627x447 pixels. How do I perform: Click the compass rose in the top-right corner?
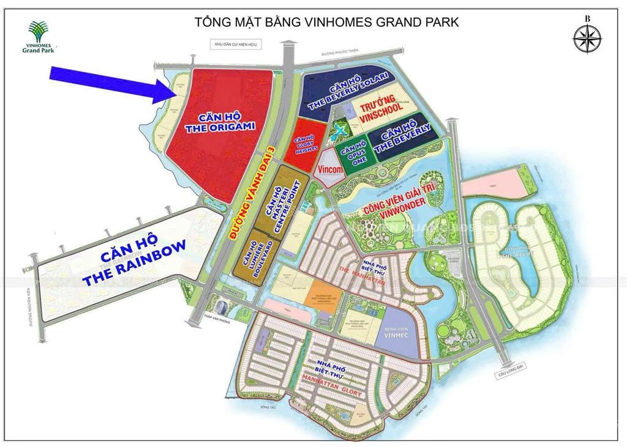(587, 38)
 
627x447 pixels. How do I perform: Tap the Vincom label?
(329, 168)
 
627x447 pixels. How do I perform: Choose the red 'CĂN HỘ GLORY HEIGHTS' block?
(304, 145)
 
